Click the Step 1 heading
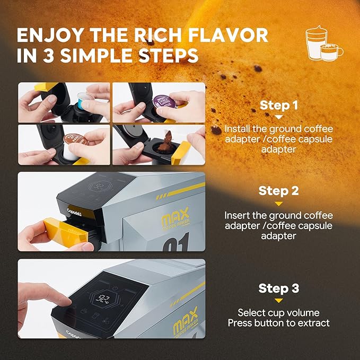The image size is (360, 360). [278, 105]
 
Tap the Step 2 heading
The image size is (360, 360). [278, 191]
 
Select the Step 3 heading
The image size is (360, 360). [278, 288]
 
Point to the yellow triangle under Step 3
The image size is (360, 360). [279, 301]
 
